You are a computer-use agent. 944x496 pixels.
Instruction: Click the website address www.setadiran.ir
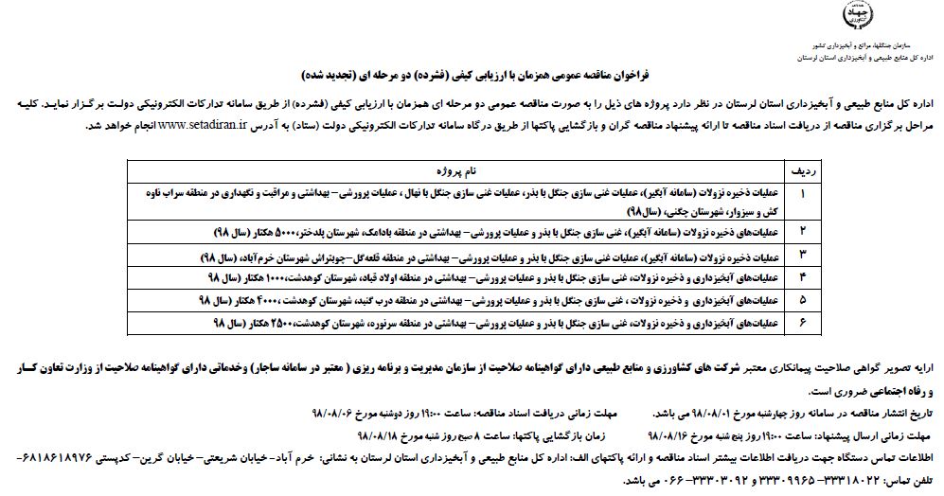click(x=228, y=124)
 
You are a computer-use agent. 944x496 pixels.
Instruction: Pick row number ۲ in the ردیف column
click(x=803, y=231)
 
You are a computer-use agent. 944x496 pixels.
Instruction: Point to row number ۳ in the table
click(x=803, y=255)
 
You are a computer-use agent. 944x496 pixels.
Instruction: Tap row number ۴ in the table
click(x=803, y=277)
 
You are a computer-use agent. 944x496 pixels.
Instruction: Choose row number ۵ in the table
click(x=803, y=300)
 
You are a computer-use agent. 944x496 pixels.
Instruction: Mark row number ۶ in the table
click(x=803, y=324)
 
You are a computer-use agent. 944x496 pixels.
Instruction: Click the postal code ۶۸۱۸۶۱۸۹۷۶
click(x=52, y=456)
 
